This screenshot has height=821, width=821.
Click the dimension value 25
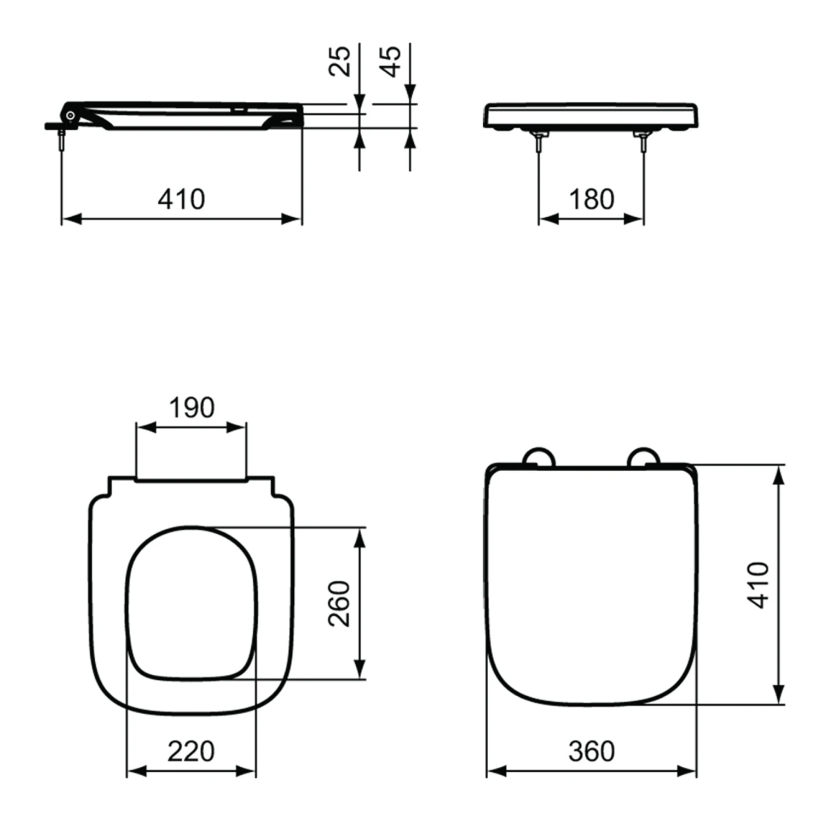tap(339, 61)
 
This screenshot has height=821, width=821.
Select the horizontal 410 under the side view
tap(181, 199)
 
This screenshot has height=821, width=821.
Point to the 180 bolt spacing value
tap(591, 199)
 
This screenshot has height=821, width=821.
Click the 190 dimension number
tap(192, 408)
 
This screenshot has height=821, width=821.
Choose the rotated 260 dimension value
tap(339, 603)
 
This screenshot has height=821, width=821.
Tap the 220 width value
tap(191, 751)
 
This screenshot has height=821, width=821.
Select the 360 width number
tap(591, 751)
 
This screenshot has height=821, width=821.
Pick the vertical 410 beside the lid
tap(759, 585)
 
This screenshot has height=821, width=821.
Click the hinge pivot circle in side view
tap(71, 115)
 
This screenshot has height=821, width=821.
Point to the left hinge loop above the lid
tap(539, 457)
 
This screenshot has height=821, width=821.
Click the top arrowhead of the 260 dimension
tap(360, 538)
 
